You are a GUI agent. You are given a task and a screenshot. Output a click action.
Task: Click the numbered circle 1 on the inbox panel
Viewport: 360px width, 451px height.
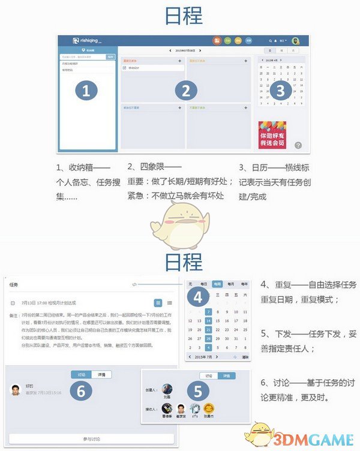pos(86,91)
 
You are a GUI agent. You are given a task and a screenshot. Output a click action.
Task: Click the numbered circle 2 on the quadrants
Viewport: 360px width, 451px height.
pos(186,91)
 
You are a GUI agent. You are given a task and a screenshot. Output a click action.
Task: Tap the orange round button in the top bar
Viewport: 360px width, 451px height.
pos(217,41)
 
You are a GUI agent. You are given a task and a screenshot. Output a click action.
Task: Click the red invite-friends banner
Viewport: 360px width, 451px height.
pos(272,135)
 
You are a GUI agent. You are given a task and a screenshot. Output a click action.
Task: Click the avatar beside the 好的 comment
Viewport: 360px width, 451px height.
pos(16,390)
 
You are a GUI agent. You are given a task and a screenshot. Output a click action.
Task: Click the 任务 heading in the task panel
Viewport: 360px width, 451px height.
pos(14,285)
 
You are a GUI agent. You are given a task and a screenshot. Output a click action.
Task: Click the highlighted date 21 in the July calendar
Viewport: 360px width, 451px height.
pos(208,330)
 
